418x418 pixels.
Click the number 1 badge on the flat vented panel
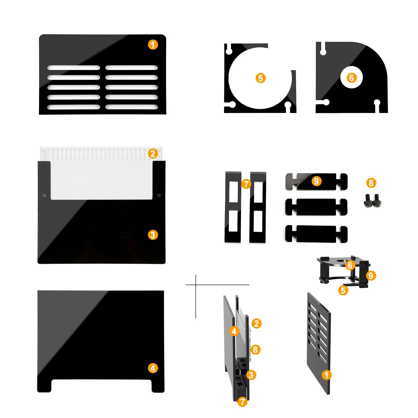(x=153, y=45)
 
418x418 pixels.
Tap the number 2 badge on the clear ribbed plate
(x=153, y=154)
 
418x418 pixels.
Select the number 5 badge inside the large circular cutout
(x=260, y=78)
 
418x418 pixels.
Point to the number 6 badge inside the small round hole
(x=351, y=78)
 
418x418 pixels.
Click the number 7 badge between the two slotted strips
(x=246, y=184)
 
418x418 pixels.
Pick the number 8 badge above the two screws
(x=371, y=183)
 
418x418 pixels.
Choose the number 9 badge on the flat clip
(x=316, y=181)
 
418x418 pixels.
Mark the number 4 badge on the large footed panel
(x=153, y=368)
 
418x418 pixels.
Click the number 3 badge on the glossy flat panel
(x=153, y=235)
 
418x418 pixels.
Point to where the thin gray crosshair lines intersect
(x=196, y=285)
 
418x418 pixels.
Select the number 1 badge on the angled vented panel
(x=327, y=375)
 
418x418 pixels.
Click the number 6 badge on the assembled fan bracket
(x=350, y=265)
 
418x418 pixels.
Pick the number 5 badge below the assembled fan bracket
(x=343, y=290)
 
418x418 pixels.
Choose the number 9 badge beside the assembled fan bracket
(x=371, y=276)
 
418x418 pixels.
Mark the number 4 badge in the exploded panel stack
(x=234, y=331)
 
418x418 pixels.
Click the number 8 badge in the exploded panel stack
(x=255, y=350)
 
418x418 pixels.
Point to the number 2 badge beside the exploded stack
(x=257, y=324)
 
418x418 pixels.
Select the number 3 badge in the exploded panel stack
(x=251, y=375)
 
